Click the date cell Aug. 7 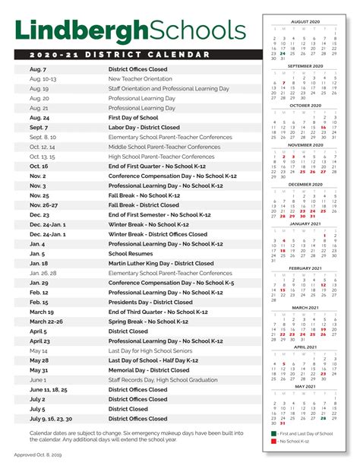click(x=39, y=68)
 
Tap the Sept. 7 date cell click(x=39, y=128)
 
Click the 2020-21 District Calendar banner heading click(x=122, y=55)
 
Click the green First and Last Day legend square click(x=274, y=432)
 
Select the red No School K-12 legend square click(x=274, y=441)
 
